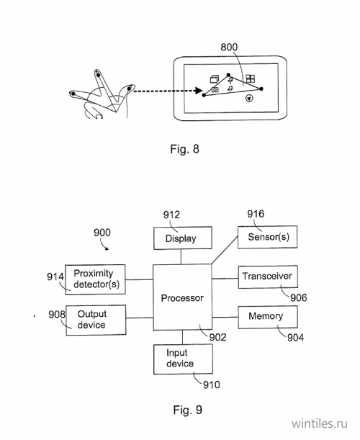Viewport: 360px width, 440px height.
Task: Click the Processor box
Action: point(182,297)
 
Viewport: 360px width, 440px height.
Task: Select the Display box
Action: point(183,238)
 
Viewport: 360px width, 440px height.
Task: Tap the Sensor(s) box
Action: point(267,237)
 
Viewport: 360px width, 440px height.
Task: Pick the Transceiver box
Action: point(268,277)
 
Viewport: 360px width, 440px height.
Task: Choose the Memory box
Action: point(268,317)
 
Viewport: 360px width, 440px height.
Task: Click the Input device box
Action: point(183,359)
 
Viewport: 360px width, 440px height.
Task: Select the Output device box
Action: point(96,320)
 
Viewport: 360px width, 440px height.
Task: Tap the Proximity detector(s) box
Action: point(96,279)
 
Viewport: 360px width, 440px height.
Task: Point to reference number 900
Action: point(102,233)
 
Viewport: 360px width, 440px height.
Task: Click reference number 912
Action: point(171,215)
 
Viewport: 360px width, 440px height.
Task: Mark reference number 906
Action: point(299,297)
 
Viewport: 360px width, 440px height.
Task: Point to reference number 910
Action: point(212,385)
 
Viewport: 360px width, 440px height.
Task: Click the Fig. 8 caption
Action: point(184,149)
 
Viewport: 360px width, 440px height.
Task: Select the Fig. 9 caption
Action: point(187,410)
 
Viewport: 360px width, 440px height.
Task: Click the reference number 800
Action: point(229,47)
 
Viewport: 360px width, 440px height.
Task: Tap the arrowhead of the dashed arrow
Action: point(199,91)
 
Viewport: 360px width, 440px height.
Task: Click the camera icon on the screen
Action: point(215,89)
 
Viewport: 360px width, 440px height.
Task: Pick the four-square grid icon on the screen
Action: point(251,78)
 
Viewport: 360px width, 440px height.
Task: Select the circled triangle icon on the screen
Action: point(249,98)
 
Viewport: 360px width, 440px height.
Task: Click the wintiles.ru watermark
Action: point(319,423)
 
